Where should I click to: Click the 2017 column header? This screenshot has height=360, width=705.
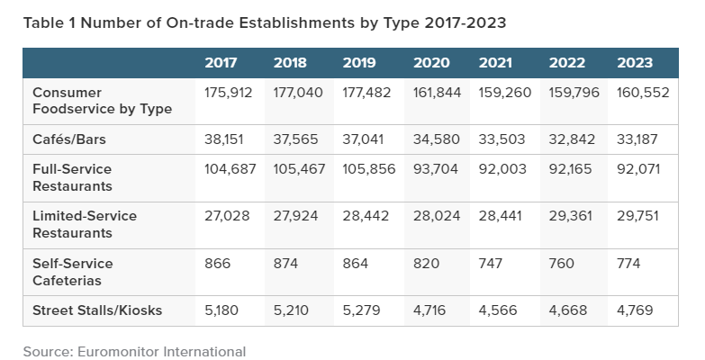[x=221, y=62]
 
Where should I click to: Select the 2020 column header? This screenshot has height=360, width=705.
[x=431, y=62]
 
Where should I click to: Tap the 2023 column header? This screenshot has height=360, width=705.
[x=635, y=62]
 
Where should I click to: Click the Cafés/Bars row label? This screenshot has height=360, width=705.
[x=69, y=139]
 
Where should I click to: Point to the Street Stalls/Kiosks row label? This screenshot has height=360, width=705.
[x=97, y=310]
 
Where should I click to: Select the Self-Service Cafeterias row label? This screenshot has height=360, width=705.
[x=72, y=272]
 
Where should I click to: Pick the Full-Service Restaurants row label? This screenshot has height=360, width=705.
[x=72, y=177]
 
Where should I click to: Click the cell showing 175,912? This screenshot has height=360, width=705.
[x=229, y=93]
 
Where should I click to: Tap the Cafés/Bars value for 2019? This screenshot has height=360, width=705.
[x=363, y=139]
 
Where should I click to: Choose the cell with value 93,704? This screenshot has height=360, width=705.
[x=436, y=169]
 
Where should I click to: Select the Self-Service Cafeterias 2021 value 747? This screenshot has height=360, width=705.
[x=491, y=264]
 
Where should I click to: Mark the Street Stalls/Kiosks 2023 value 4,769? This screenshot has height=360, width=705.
[x=635, y=310]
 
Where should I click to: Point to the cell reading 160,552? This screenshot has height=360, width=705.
[x=643, y=93]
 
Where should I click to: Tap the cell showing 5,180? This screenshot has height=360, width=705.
[x=221, y=310]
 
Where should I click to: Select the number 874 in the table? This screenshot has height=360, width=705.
[x=285, y=264]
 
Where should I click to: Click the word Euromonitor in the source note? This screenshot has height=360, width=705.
[x=118, y=352]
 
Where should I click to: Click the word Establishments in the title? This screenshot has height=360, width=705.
[x=296, y=22]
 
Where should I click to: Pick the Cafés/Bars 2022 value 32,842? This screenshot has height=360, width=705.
[x=572, y=139]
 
